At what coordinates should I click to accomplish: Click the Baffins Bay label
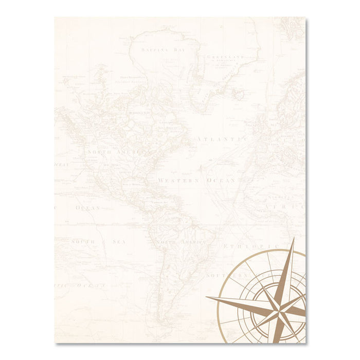pyautogui.click(x=153, y=50)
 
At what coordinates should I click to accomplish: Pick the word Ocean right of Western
pyautogui.click(x=222, y=181)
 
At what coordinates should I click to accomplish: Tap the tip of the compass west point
pyautogui.click(x=207, y=298)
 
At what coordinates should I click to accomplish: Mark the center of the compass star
pyautogui.click(x=281, y=307)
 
